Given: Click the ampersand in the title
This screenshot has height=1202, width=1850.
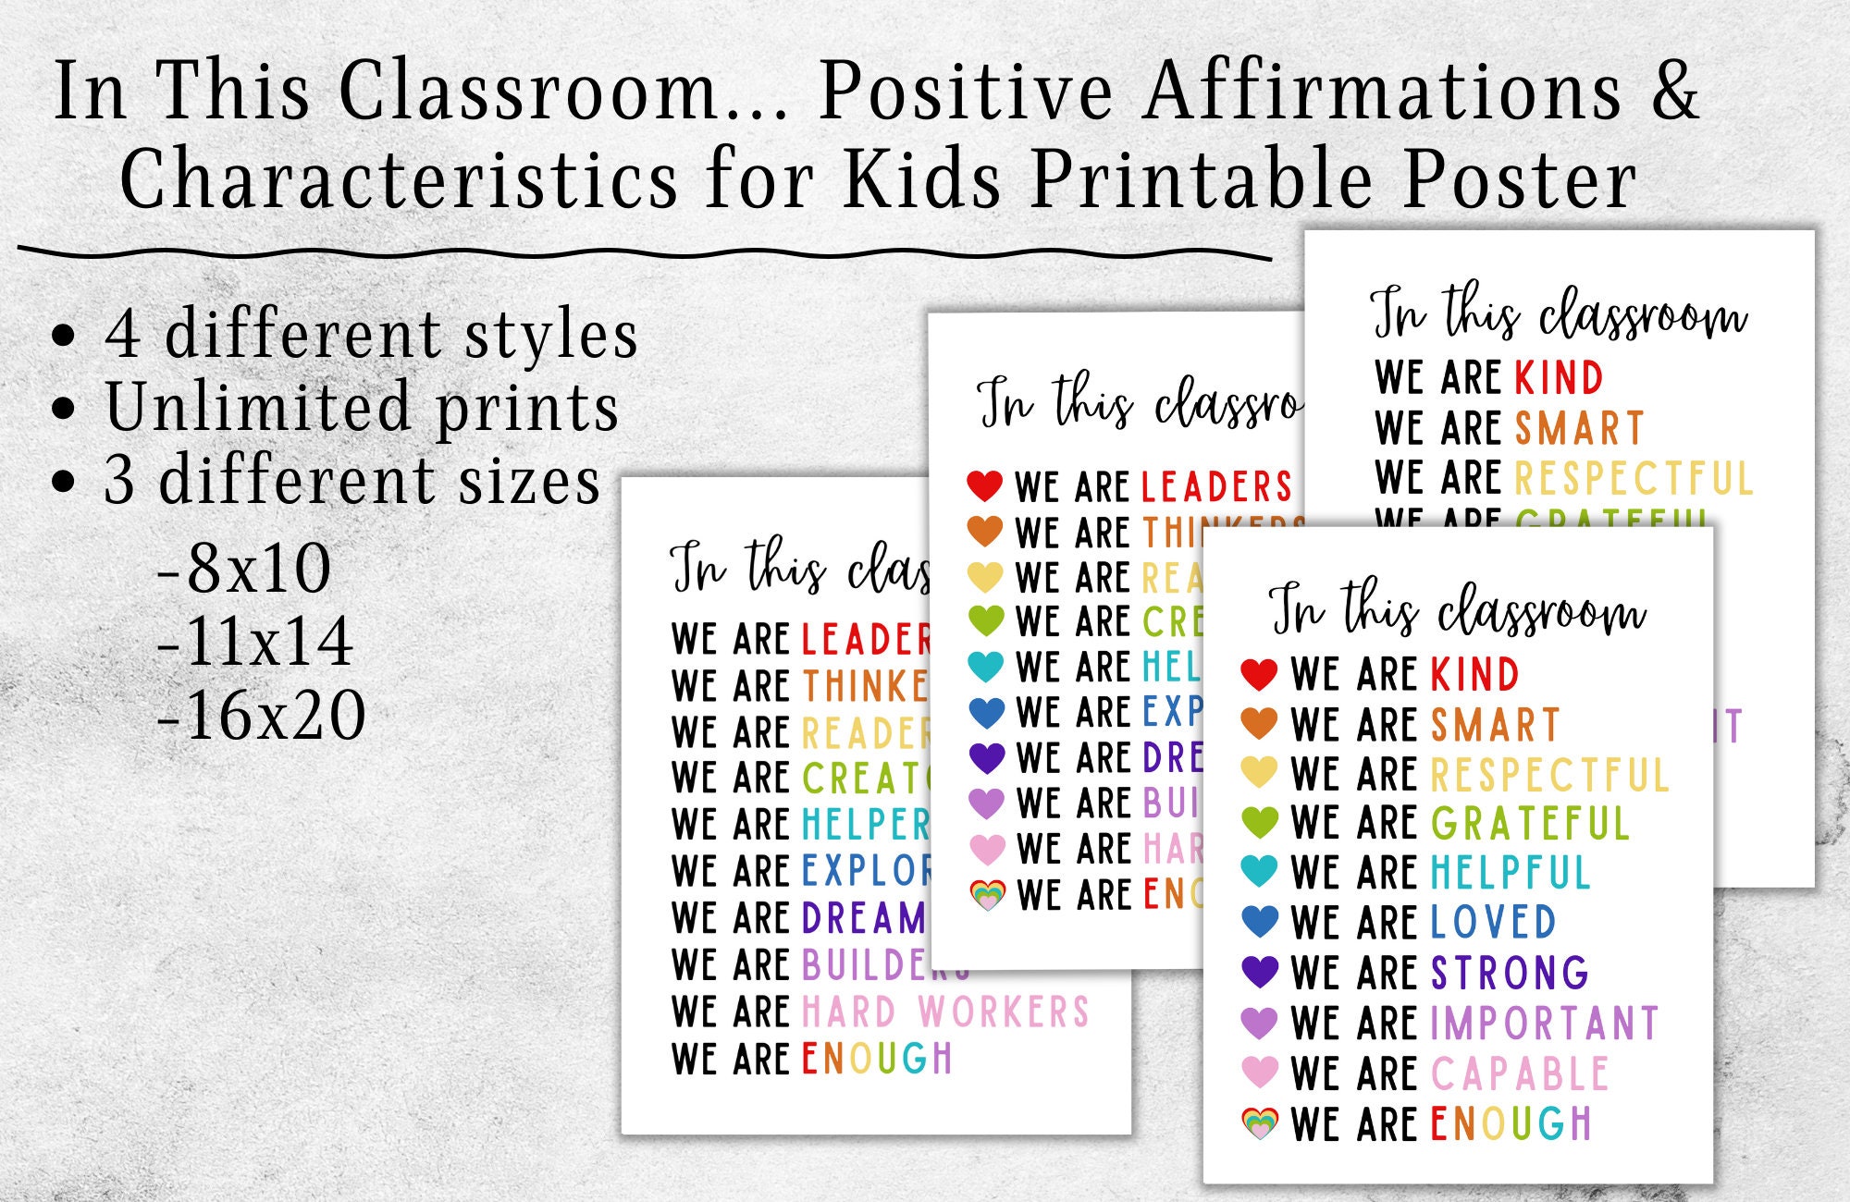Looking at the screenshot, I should (x=1674, y=91).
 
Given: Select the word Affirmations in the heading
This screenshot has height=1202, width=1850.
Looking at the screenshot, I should (x=1383, y=91).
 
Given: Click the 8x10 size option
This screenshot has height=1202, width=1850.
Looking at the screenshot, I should (x=244, y=568).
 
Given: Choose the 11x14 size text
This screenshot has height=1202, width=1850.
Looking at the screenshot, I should (x=255, y=641).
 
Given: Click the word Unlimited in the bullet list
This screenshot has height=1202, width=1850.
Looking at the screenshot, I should (x=257, y=407).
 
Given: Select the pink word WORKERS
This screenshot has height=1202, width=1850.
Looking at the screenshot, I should (x=1004, y=1012).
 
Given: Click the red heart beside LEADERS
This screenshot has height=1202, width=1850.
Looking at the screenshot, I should (x=984, y=484).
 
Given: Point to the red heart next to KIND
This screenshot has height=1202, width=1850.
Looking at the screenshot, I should (x=1259, y=674).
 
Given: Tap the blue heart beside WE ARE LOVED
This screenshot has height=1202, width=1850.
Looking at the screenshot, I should (x=1259, y=921).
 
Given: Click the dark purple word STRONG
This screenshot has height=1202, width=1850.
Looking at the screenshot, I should (x=1510, y=973).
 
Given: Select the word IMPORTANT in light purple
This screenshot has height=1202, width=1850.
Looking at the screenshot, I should (x=1544, y=1023).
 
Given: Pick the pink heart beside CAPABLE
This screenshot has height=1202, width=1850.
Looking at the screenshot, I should (x=1259, y=1071).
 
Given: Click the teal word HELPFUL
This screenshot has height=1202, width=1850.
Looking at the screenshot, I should (x=1510, y=872).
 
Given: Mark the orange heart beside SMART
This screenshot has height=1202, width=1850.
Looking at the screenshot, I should (x=1259, y=722).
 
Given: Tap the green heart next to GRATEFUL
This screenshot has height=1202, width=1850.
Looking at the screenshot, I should (x=1259, y=821).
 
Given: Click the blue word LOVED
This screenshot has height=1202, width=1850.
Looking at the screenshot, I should (x=1493, y=922).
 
